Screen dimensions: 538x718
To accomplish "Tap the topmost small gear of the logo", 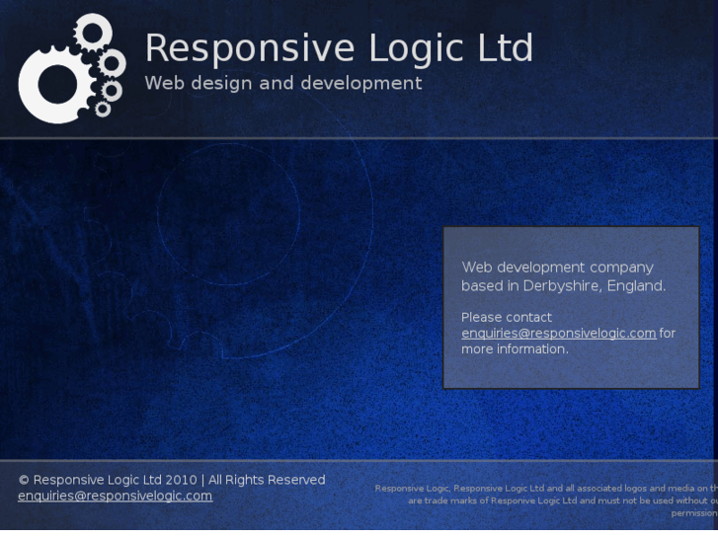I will (92, 33).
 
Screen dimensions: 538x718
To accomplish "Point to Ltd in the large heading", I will (504, 48).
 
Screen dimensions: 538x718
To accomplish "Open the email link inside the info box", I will (558, 334).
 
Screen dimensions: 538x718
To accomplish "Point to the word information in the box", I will (532, 349).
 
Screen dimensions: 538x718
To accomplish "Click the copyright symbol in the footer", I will (24, 481).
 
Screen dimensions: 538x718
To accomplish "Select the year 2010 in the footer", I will (182, 480).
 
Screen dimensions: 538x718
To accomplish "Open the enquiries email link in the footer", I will (115, 496).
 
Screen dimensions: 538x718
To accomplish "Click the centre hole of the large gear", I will (56, 84).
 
